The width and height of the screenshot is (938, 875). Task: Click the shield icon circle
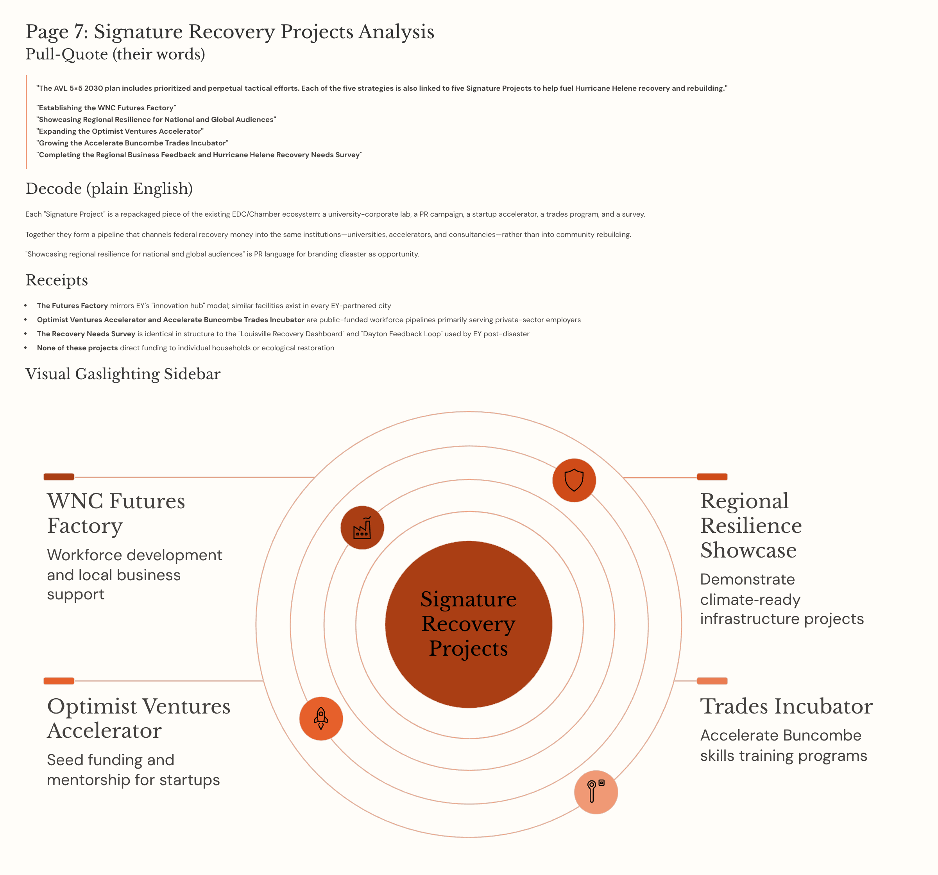pyautogui.click(x=574, y=480)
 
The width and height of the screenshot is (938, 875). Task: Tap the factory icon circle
pyautogui.click(x=362, y=528)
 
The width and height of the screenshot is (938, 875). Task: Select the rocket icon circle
pyautogui.click(x=321, y=718)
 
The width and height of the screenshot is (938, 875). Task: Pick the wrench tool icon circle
pyautogui.click(x=596, y=792)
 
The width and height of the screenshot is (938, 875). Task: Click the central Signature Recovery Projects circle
pyautogui.click(x=469, y=624)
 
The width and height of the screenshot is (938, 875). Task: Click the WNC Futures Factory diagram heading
pyautogui.click(x=116, y=513)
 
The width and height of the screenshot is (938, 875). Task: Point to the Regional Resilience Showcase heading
pyautogui.click(x=751, y=525)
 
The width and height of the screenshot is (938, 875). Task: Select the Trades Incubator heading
pyautogui.click(x=786, y=706)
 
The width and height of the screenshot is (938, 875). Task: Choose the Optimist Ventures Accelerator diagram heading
pyautogui.click(x=138, y=718)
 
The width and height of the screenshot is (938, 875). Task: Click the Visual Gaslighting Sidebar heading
pyautogui.click(x=123, y=374)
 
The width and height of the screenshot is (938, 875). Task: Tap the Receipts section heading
pyautogui.click(x=57, y=280)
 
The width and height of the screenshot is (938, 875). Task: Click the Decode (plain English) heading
pyautogui.click(x=109, y=188)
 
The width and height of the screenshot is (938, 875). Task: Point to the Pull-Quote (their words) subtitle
pyautogui.click(x=115, y=54)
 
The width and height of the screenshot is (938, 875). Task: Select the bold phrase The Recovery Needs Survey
pyautogui.click(x=86, y=334)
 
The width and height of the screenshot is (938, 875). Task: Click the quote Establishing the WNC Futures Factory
pyautogui.click(x=106, y=108)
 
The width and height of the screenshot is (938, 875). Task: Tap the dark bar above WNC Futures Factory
pyautogui.click(x=59, y=477)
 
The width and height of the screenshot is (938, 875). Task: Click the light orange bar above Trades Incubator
pyautogui.click(x=712, y=681)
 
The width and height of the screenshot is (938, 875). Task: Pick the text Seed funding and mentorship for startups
pyautogui.click(x=133, y=770)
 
